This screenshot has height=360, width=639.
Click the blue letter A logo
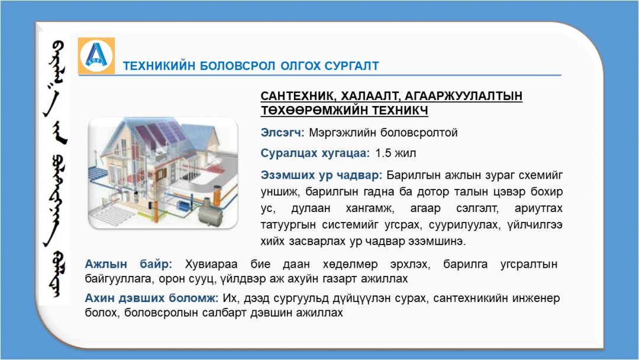(x=96, y=56)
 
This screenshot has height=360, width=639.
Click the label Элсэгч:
(x=282, y=133)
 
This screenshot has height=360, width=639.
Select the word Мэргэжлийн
(x=343, y=133)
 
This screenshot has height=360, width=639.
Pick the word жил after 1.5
(x=406, y=153)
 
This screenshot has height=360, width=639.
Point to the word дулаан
(x=311, y=209)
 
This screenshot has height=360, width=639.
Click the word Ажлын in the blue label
(x=105, y=264)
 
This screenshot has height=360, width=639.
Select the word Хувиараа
(x=211, y=264)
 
